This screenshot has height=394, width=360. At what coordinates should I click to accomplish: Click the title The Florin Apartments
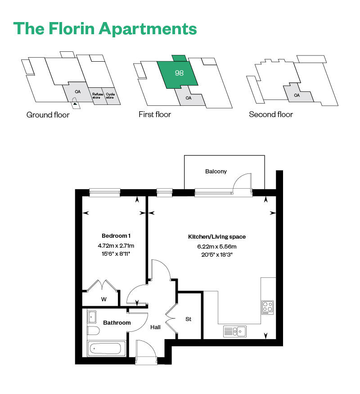click(105, 28)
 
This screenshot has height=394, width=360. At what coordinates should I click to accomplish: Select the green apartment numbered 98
click(179, 72)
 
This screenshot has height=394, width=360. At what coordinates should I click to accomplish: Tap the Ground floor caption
click(48, 115)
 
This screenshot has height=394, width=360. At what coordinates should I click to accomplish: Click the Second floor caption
click(271, 114)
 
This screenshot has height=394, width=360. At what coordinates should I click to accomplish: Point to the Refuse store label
click(97, 96)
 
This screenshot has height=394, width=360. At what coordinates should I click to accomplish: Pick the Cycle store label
click(111, 96)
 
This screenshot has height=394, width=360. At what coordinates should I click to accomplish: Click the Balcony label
click(216, 171)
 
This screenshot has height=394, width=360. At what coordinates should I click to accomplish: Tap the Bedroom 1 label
click(116, 236)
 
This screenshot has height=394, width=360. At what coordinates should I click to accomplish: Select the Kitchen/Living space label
click(217, 236)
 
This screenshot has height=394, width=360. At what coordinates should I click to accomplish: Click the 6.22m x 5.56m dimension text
click(217, 246)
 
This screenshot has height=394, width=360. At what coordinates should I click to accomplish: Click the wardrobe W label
click(104, 299)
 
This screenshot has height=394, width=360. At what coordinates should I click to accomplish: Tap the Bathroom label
click(117, 322)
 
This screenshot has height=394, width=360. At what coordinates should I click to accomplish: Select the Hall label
click(156, 327)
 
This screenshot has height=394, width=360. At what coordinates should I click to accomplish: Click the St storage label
click(189, 319)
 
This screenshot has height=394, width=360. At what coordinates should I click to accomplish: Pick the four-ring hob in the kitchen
click(267, 307)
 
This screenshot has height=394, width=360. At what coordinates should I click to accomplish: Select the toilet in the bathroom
click(93, 331)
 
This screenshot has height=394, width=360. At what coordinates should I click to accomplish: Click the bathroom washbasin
click(92, 317)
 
